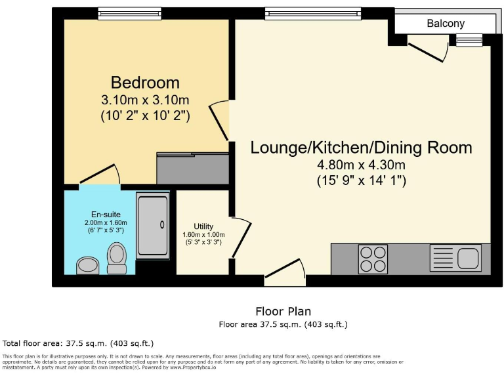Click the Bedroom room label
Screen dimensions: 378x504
tap(145, 83)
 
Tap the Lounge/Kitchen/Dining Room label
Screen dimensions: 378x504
tap(361, 147)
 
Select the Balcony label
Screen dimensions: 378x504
tap(446, 24)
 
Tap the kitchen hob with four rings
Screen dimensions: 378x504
tap(372, 259)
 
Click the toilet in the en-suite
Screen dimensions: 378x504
tap(117, 258)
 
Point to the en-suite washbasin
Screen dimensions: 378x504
tap(87, 264)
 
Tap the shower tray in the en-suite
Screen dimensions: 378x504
tap(152, 225)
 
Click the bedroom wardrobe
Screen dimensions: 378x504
tap(192, 168)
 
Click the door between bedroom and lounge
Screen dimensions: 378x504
tap(220, 121)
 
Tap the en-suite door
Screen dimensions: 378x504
tap(100, 175)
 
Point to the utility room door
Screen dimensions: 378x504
tap(241, 239)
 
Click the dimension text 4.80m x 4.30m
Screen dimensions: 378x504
tap(360, 165)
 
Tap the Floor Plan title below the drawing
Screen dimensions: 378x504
tap(283, 311)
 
